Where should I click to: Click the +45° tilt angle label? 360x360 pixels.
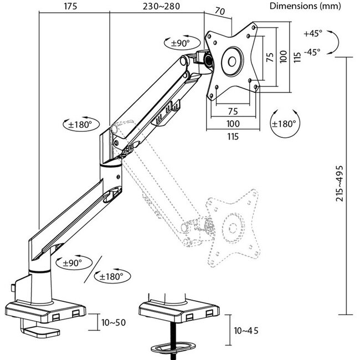point(312,33)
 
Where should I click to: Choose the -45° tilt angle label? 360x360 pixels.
point(312,52)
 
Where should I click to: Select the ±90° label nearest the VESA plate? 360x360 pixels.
point(180,43)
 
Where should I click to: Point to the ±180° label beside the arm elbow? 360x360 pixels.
point(80,124)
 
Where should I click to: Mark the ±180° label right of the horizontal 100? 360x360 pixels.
point(285,124)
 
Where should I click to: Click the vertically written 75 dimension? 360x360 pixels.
point(270,59)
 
